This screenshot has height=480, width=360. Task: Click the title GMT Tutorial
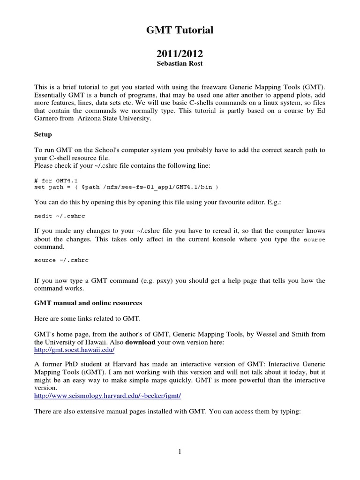coord(180,30)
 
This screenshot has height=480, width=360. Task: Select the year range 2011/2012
coord(180,55)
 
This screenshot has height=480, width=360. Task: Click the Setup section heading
coord(43,134)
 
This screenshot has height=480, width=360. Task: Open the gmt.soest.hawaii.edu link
coord(75,350)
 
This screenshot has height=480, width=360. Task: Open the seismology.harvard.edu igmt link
coord(108,396)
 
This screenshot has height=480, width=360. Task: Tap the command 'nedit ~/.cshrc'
coord(60,216)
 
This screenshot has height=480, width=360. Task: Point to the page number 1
coord(180,451)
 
